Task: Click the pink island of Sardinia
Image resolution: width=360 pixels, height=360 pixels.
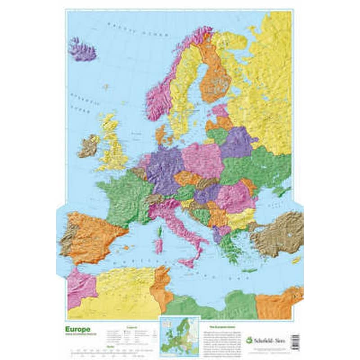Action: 158,246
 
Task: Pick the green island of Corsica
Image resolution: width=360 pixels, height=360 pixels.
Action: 159,232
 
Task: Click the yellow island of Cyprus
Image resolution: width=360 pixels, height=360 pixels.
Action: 296,260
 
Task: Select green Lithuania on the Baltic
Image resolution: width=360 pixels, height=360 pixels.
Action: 217,135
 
